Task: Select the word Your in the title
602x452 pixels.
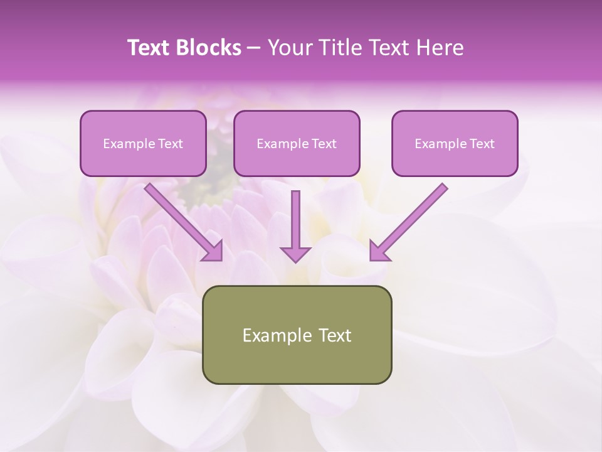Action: (x=287, y=48)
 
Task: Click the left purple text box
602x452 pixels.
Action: (x=143, y=143)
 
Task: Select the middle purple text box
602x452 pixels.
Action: (x=297, y=143)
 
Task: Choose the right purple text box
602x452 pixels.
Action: (x=455, y=143)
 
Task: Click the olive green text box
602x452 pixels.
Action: (x=297, y=335)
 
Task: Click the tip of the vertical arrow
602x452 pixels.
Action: (x=295, y=260)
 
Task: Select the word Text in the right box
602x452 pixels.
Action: (x=481, y=144)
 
